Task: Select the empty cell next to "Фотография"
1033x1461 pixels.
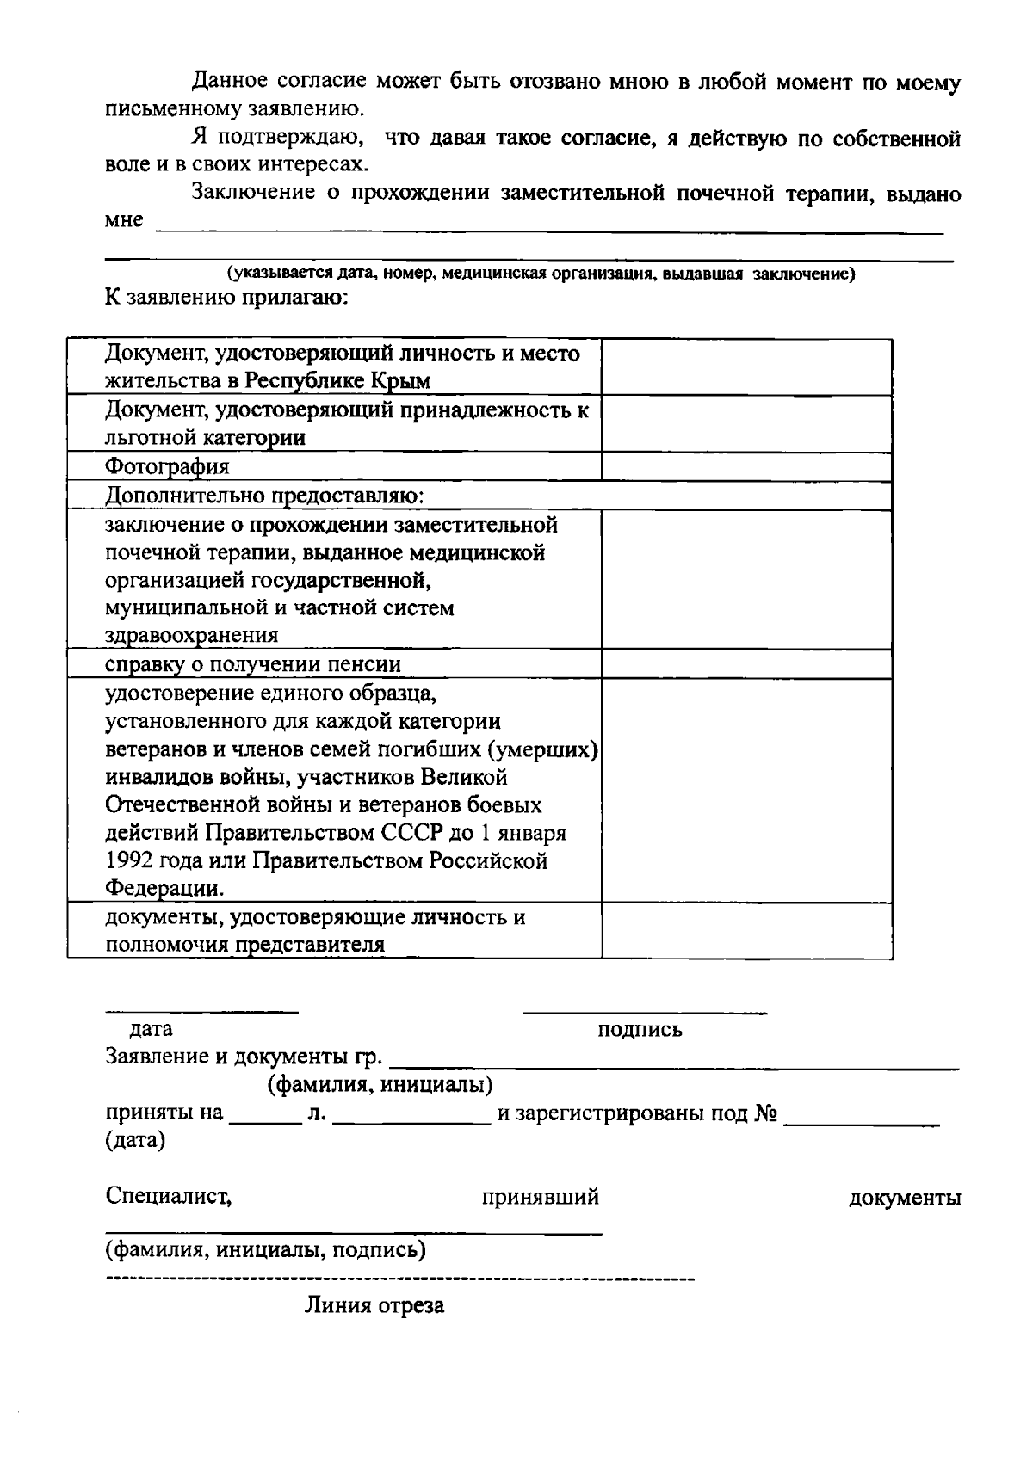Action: tap(745, 466)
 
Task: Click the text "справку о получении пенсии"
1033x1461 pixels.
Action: tap(253, 664)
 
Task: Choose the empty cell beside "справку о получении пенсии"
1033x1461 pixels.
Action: tap(745, 664)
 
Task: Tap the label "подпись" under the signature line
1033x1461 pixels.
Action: tap(640, 1029)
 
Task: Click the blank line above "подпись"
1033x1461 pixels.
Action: tap(645, 1012)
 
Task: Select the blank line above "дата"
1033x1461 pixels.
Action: tap(202, 1012)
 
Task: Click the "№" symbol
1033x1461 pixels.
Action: tap(766, 1113)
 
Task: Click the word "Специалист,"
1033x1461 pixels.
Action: tap(168, 1196)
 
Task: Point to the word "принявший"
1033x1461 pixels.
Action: tap(540, 1197)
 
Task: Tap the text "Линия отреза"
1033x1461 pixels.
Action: tap(374, 1305)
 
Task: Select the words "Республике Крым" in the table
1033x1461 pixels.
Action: tap(337, 380)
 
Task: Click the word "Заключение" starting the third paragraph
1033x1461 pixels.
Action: tap(253, 193)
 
